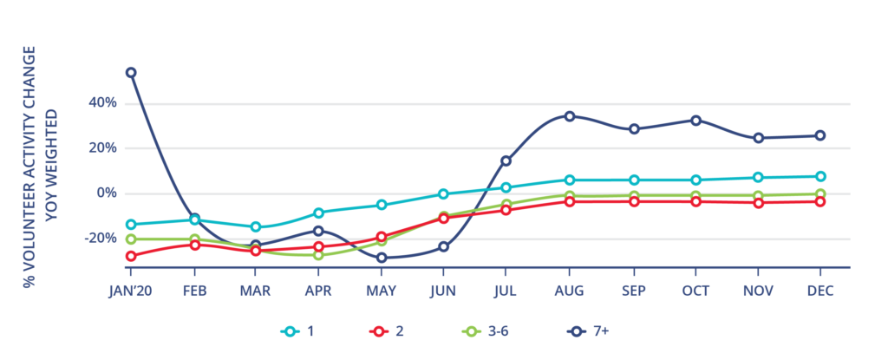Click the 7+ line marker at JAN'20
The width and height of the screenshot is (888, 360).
tap(131, 73)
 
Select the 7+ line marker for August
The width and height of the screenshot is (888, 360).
tap(569, 116)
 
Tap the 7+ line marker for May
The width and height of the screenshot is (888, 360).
tap(381, 258)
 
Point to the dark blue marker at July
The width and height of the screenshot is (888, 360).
tap(506, 160)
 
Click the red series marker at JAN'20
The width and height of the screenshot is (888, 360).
tap(131, 256)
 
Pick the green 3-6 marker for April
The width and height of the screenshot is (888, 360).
tap(318, 255)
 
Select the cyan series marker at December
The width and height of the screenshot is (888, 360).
tap(819, 176)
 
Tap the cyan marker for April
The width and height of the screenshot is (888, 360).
tap(318, 213)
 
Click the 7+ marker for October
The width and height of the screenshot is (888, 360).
tap(695, 121)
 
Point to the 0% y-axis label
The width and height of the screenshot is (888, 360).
tap(105, 193)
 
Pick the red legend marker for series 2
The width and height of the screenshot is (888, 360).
tap(379, 331)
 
